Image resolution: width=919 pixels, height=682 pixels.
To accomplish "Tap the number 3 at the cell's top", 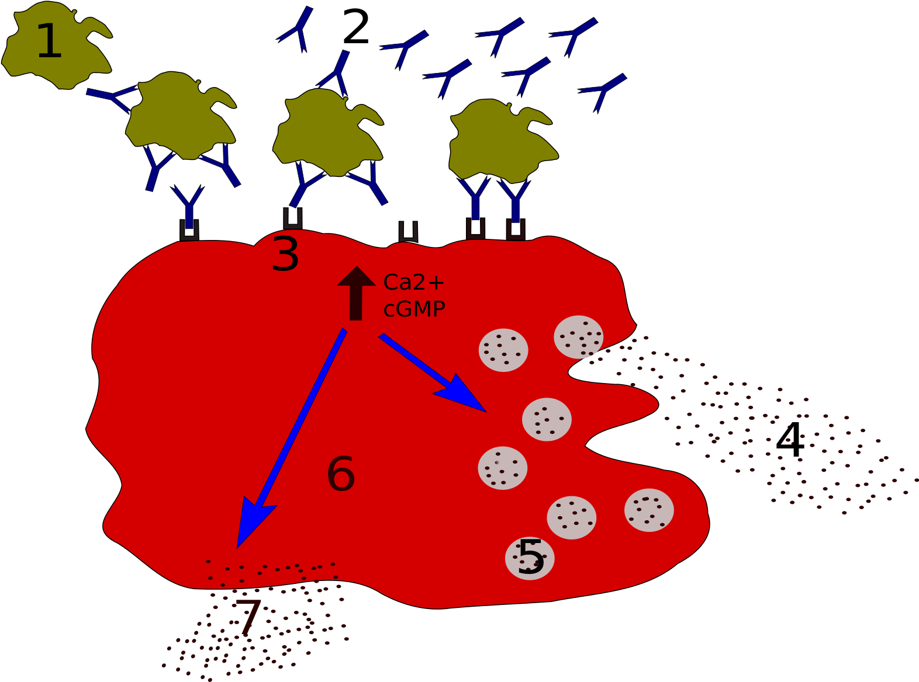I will tap(285, 255).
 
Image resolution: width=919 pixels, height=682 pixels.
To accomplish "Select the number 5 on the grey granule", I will tap(531, 558).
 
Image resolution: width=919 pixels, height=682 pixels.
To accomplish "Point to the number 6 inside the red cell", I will tap(341, 474).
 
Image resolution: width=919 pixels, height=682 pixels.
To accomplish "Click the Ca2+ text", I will tap(414, 283).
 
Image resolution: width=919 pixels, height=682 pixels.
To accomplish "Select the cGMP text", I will tap(414, 309).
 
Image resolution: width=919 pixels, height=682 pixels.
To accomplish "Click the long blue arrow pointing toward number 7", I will tap(291, 439).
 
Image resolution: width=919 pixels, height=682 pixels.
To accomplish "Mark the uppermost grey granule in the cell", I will tap(578, 337).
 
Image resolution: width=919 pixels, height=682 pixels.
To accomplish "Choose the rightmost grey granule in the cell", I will tap(649, 510).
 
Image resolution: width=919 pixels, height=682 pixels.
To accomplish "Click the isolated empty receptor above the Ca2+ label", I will tap(408, 232).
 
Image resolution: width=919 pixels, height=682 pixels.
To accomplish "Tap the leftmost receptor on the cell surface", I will tap(189, 231).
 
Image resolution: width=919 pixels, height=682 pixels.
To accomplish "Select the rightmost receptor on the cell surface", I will tap(516, 229).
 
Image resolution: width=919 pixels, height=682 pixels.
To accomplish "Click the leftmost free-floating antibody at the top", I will tap(298, 29).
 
